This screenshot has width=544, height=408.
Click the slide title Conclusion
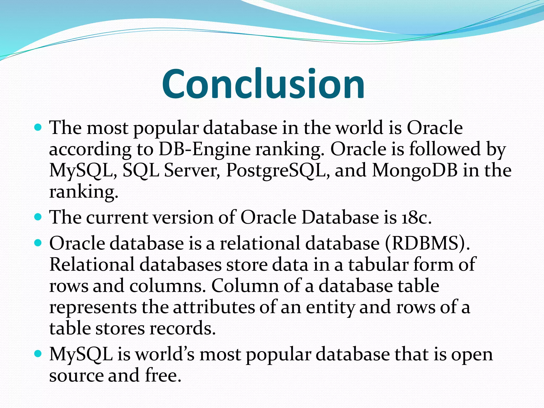click(263, 84)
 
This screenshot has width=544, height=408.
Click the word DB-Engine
click(205, 149)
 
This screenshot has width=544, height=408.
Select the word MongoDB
click(415, 171)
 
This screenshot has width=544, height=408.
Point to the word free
click(163, 376)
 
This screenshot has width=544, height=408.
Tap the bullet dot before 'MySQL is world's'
click(38, 354)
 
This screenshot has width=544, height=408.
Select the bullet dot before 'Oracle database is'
click(38, 243)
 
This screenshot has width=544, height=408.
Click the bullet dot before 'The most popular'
click(38, 128)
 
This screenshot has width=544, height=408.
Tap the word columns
click(168, 286)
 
